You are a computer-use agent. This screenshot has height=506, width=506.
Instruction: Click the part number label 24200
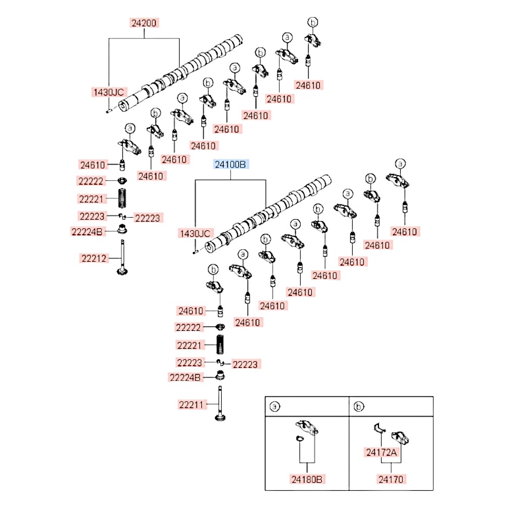pos(144,23)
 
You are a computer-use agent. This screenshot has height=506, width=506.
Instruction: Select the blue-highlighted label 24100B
pos(230,164)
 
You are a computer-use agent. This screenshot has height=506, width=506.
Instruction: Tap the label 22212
pos(94,259)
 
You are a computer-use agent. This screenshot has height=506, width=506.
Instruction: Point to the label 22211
pos(191,405)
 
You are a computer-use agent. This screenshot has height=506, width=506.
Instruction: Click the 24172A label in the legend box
pos(381,452)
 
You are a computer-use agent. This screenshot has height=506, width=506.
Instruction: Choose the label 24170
pos(391,479)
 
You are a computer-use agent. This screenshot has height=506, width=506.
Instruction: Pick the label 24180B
pos(307,479)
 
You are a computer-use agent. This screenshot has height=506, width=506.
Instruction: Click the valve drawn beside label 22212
pos(122,258)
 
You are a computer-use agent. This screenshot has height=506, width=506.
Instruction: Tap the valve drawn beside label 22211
pos(220,404)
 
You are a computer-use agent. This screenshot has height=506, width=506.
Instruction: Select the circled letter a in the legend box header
pos(275,406)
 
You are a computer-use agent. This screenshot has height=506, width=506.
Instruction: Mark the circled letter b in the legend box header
pos(359,406)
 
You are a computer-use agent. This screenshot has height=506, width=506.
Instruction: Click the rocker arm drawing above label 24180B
pos(307,428)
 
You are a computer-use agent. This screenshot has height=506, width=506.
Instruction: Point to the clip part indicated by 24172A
pos(380,428)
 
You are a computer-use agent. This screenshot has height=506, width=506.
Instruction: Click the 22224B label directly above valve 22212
pos(87,232)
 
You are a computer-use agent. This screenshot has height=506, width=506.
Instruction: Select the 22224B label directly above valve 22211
pos(185,377)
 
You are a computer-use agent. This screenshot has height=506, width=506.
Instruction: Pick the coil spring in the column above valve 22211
pos(220,344)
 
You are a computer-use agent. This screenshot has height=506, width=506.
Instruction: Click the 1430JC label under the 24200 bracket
pos(109,92)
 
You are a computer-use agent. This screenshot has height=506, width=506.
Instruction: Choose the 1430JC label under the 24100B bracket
pos(195,234)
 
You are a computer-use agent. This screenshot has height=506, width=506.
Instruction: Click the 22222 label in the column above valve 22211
pos(188,327)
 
